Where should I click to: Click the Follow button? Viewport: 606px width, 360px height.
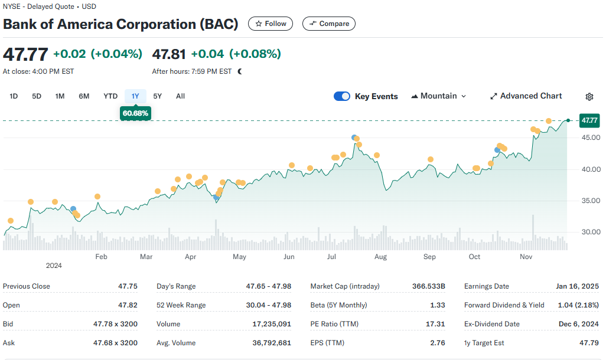(x=270, y=24)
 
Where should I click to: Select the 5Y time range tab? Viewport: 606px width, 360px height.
(x=157, y=96)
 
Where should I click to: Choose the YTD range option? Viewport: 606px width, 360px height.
(x=110, y=96)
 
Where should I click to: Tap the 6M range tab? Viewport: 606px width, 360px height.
(x=84, y=96)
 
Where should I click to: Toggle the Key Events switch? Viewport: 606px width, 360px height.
(x=342, y=96)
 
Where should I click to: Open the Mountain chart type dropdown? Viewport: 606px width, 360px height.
(x=439, y=96)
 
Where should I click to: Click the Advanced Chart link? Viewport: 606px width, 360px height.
(x=526, y=96)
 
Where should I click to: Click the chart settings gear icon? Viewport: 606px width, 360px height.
(x=589, y=97)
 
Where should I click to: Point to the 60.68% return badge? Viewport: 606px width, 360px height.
(x=135, y=113)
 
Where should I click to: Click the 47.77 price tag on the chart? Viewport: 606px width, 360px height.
(x=589, y=120)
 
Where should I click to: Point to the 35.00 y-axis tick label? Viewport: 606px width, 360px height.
(x=591, y=201)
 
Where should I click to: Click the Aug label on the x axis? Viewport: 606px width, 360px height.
(x=381, y=257)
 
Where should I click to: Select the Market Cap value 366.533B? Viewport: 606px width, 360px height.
(x=429, y=286)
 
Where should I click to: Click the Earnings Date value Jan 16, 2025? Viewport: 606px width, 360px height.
(x=578, y=286)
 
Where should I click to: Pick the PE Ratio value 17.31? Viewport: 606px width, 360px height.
(x=435, y=324)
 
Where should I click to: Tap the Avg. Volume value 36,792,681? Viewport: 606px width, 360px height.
(x=272, y=343)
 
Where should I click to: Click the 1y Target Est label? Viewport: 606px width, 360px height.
(x=484, y=343)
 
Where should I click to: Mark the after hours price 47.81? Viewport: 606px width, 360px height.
(x=169, y=54)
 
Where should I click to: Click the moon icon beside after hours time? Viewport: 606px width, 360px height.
(x=240, y=71)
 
